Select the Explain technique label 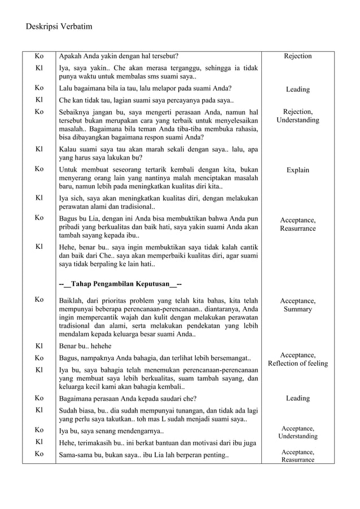click(297, 170)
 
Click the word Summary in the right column click(297, 309)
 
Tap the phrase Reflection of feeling click(297, 363)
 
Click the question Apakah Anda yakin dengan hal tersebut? click(119, 56)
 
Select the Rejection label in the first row click(297, 56)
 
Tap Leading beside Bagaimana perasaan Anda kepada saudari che click(297, 398)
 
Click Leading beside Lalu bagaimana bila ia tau click(297, 89)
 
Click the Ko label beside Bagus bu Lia click(39, 217)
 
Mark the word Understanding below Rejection click(297, 120)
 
